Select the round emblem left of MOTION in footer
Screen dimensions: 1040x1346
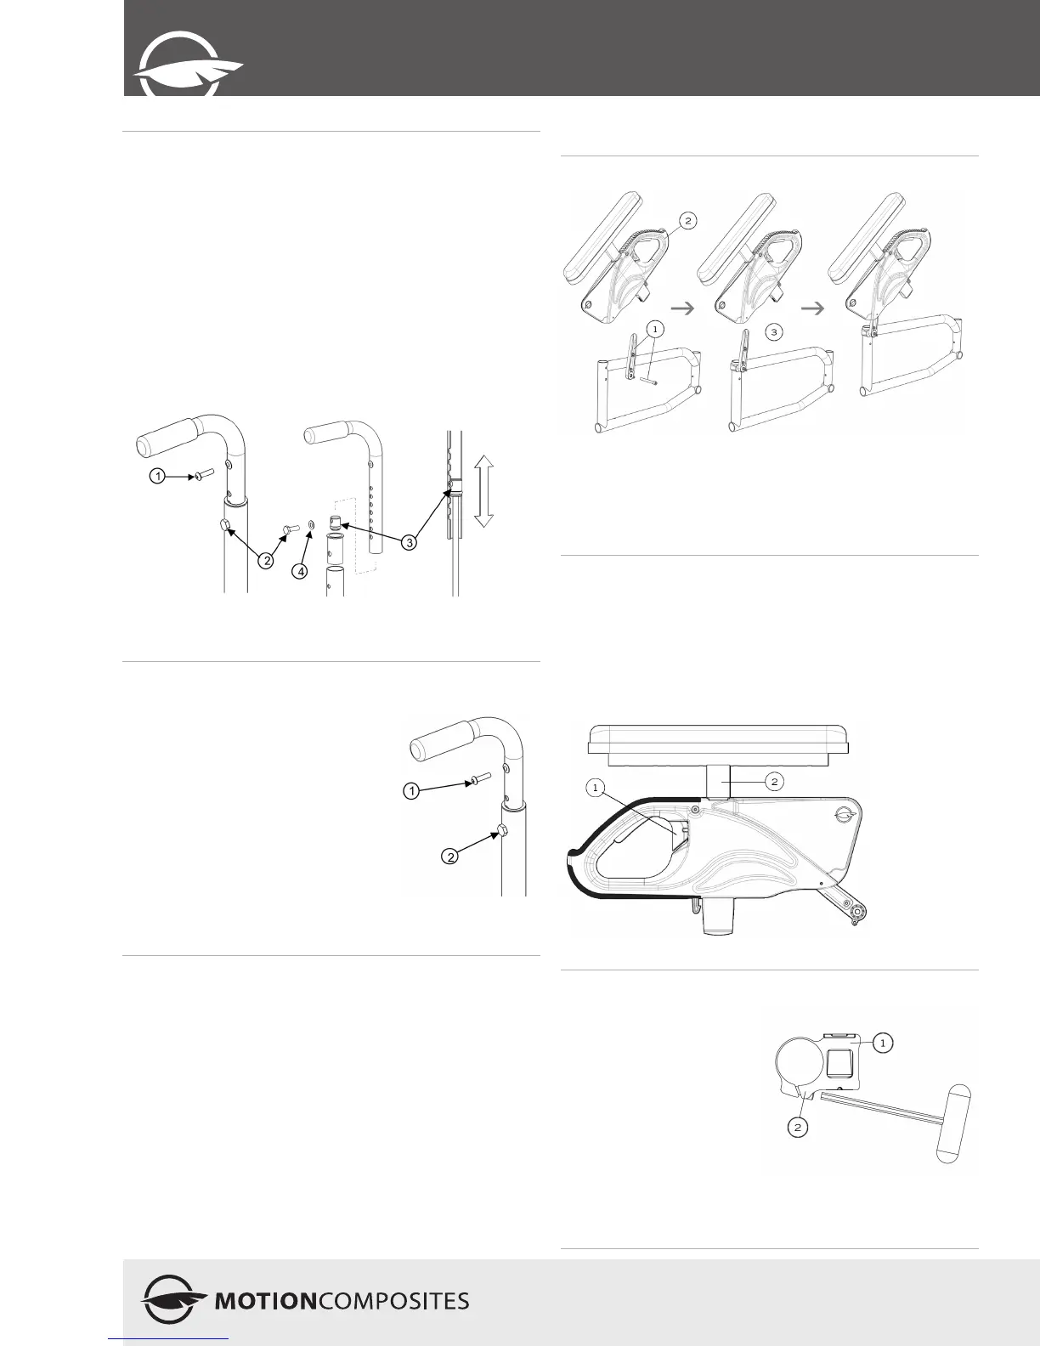point(172,1300)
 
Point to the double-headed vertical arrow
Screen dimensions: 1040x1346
point(483,490)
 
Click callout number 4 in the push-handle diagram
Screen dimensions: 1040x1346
point(300,572)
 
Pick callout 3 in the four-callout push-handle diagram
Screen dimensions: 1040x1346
point(410,543)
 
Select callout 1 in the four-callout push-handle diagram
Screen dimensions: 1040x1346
point(158,477)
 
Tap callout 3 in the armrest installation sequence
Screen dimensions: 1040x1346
point(774,332)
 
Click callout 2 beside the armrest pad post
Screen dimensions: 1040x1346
point(774,783)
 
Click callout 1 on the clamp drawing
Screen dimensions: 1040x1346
point(883,1042)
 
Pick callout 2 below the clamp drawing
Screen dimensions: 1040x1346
point(798,1127)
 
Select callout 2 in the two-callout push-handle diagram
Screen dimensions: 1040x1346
point(451,857)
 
